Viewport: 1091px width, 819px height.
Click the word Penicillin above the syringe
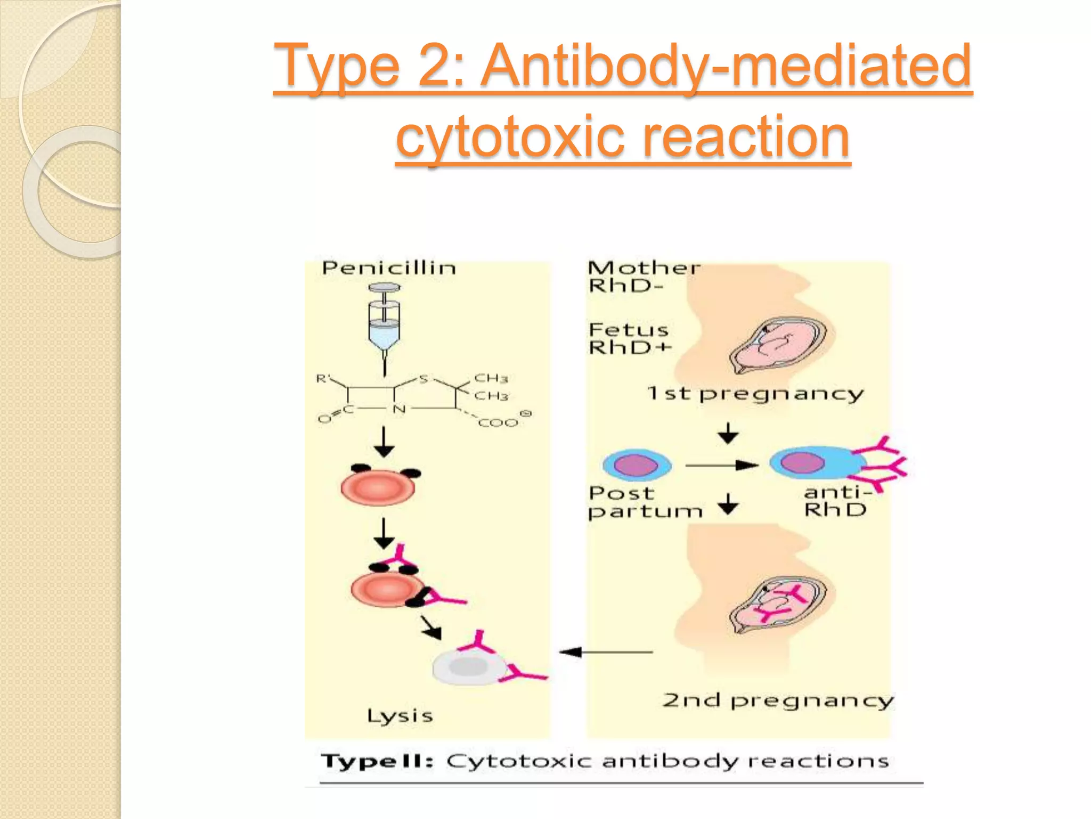389,268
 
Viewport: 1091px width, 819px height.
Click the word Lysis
400,716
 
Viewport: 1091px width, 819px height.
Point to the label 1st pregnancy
755,395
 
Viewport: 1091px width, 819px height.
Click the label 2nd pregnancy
777,701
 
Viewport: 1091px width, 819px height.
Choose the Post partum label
645,502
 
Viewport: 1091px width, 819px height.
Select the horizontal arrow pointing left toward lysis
606,652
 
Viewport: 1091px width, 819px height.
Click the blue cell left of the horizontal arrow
637,465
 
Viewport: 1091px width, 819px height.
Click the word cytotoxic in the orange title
510,138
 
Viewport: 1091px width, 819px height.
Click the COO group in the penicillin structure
499,423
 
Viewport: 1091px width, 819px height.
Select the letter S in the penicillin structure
424,379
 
